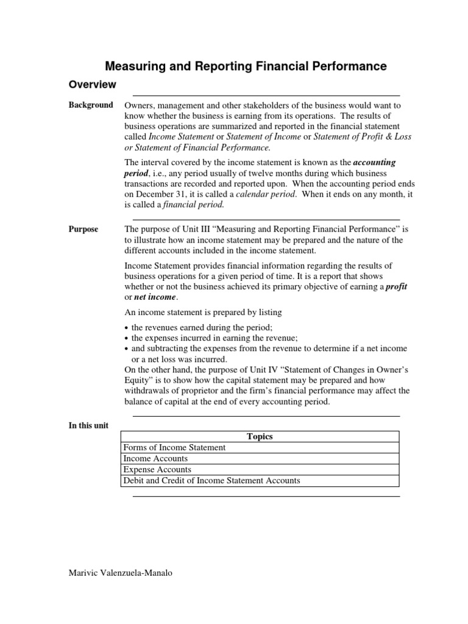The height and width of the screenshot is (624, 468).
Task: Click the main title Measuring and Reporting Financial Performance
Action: tap(246, 66)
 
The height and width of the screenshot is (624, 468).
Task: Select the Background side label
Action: tap(90, 105)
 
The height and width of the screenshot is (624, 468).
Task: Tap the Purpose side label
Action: tap(83, 229)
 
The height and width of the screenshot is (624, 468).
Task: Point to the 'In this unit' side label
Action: tap(88, 425)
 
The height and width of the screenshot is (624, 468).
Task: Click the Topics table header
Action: tap(260, 436)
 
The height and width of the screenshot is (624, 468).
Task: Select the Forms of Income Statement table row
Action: tap(174, 447)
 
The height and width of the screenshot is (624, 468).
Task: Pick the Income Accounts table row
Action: tap(155, 458)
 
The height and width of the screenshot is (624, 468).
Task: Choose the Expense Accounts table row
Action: tap(157, 470)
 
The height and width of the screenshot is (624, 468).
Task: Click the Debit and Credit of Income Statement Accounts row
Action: tap(211, 481)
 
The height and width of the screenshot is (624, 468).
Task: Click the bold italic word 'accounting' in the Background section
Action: tap(375, 163)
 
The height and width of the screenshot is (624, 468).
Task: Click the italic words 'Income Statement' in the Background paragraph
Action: tap(181, 136)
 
